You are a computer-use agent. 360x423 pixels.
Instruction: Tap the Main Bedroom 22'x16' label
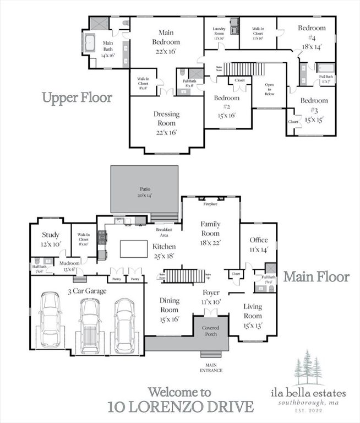tap(166, 41)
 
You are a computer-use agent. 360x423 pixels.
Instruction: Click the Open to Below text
tap(270, 89)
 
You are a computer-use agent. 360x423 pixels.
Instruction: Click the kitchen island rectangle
tap(133, 248)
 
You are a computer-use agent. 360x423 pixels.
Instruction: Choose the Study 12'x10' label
tap(50, 240)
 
